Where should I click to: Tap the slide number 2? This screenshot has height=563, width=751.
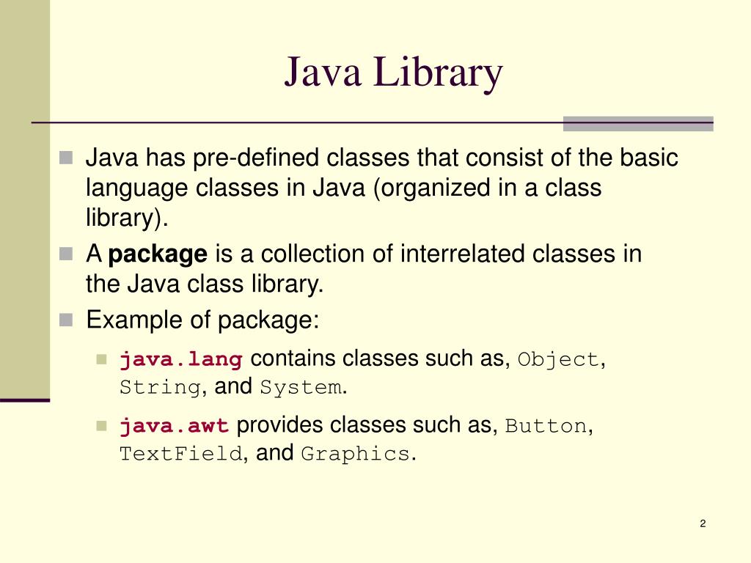(703, 523)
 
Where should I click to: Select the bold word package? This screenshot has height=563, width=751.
(158, 254)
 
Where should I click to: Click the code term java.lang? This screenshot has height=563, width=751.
(181, 360)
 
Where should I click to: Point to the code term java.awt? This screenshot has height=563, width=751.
(175, 426)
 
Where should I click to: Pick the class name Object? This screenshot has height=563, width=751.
(558, 360)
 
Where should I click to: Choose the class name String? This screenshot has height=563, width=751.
(160, 387)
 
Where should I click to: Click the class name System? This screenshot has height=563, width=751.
(301, 387)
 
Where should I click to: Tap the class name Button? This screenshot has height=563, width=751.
(546, 426)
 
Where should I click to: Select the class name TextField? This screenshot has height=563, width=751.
(180, 454)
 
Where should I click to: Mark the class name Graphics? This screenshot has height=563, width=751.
(356, 454)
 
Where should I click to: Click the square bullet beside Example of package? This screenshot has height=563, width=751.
(67, 320)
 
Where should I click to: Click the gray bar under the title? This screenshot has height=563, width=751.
(638, 123)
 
